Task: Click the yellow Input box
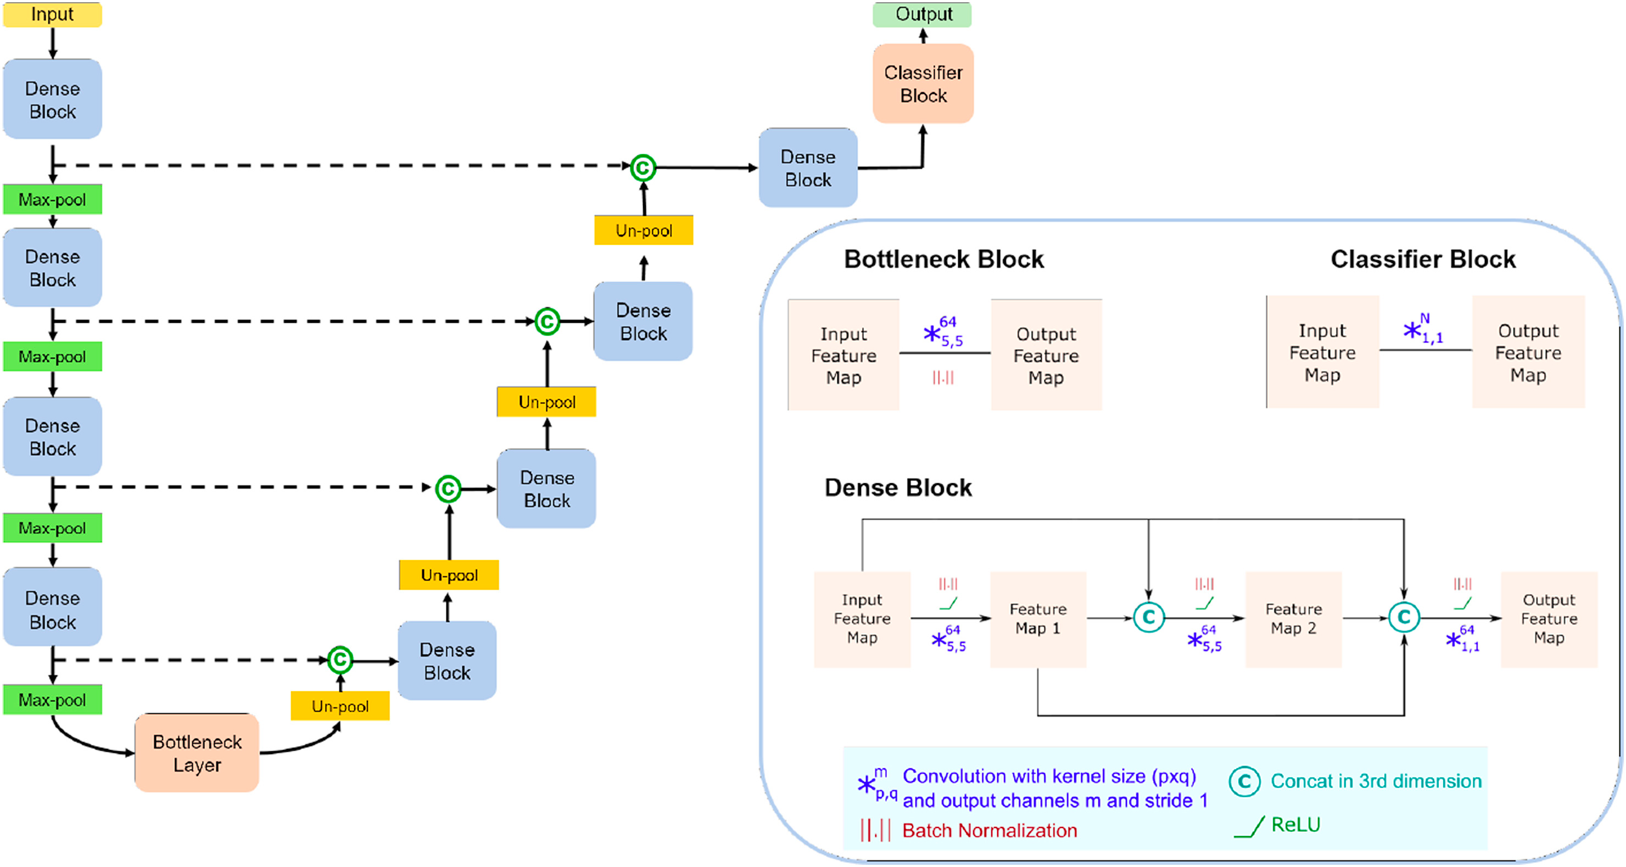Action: (x=52, y=14)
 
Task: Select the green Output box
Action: (x=922, y=14)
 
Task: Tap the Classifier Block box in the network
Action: (x=923, y=83)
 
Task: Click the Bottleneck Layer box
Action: (x=197, y=753)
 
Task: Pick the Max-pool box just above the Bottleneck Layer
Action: (x=52, y=700)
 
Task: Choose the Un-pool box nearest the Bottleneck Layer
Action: (x=340, y=706)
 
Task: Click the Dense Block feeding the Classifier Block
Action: (x=808, y=168)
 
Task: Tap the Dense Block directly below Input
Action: (x=52, y=99)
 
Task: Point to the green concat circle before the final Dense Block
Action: (x=643, y=168)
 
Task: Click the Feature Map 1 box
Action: (x=1038, y=619)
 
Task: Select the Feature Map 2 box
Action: (x=1293, y=619)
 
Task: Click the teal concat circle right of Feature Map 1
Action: (x=1149, y=617)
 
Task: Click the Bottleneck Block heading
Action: (x=943, y=259)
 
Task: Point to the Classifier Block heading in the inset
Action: (x=1423, y=259)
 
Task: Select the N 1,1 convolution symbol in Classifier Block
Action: (x=1423, y=329)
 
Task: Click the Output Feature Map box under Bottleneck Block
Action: (x=1047, y=355)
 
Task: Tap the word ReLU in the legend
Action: (x=1295, y=825)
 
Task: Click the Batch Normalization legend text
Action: (x=990, y=830)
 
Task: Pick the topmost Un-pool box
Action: (x=644, y=230)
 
